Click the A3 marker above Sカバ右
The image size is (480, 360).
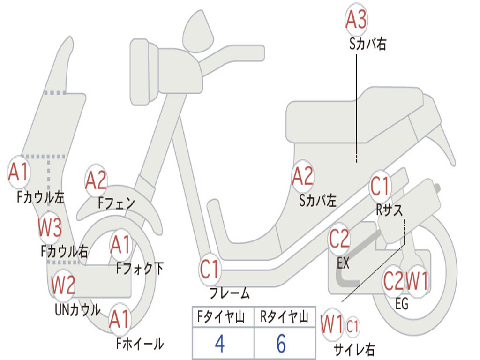(x=356, y=20)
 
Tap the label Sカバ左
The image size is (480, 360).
(x=318, y=201)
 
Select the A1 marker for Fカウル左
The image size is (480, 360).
(x=19, y=172)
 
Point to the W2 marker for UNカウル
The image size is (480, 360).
(x=63, y=285)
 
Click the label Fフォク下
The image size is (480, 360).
(x=140, y=269)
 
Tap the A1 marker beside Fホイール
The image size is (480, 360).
(x=120, y=320)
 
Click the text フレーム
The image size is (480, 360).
(x=229, y=294)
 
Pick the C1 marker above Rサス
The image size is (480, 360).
(x=380, y=187)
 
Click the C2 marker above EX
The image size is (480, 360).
(x=339, y=239)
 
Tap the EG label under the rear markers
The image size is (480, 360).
(x=402, y=304)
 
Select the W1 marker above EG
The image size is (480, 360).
(x=417, y=282)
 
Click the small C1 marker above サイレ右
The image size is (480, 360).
(x=352, y=326)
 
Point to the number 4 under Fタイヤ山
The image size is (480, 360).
(x=219, y=344)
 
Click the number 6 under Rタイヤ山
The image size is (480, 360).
(x=281, y=344)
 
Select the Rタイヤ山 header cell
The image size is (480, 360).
(x=284, y=318)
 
